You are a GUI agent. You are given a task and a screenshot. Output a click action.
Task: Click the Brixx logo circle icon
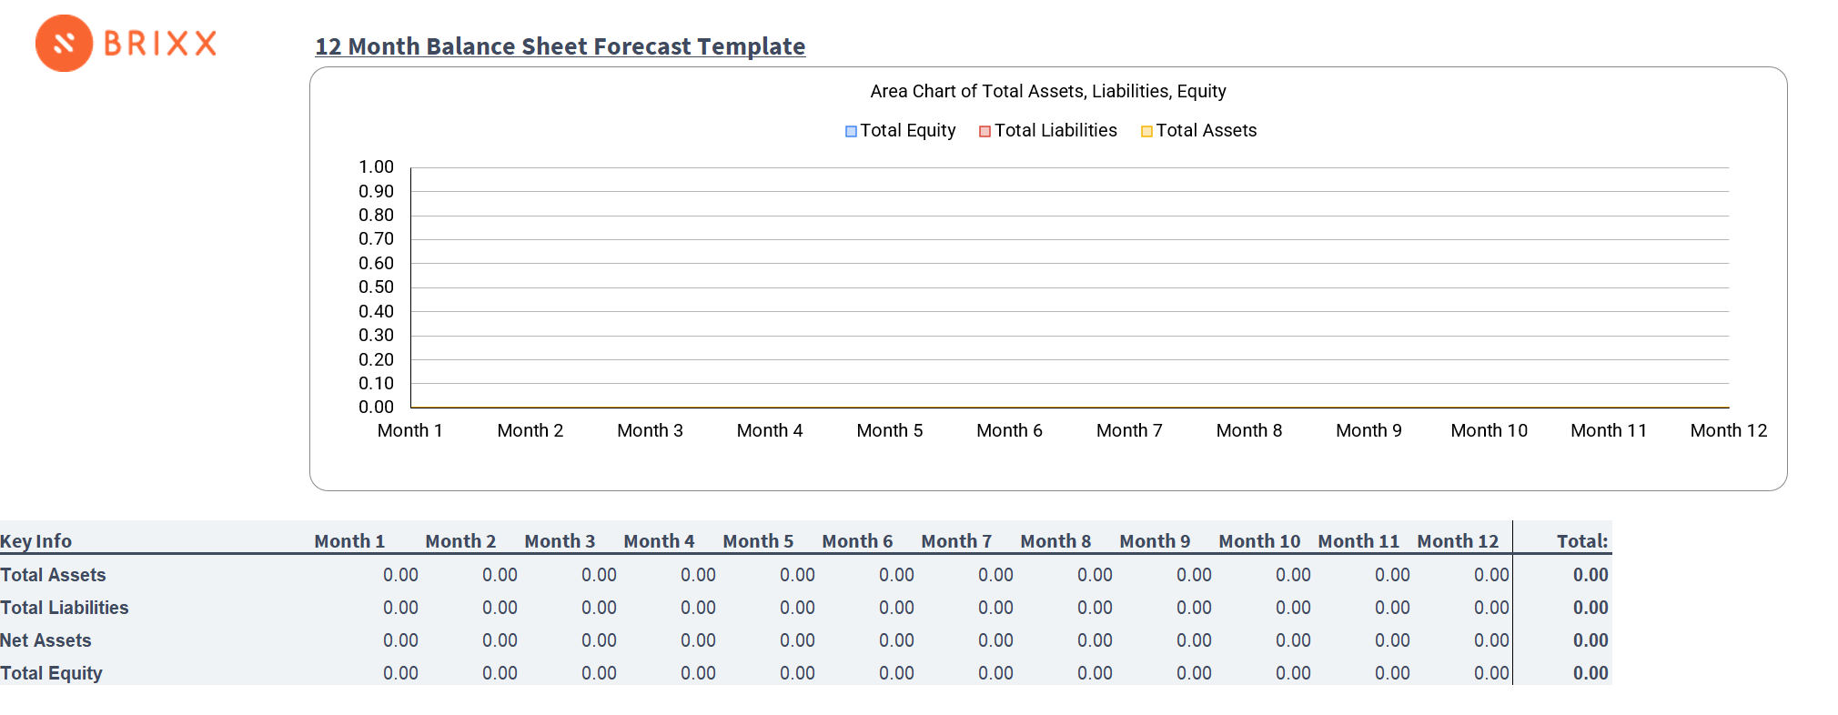coord(64,43)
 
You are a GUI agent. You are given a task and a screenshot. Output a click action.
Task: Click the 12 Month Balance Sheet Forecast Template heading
coord(560,46)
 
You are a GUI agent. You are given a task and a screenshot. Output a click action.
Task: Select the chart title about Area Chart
coord(1047,91)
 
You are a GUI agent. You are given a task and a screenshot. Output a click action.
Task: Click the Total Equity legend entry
coord(900,131)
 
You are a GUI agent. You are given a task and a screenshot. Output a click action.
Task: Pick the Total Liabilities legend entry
coord(1047,131)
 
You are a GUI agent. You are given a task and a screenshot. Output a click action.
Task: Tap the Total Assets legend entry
coord(1198,131)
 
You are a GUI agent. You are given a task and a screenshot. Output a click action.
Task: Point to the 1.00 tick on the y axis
coord(376,167)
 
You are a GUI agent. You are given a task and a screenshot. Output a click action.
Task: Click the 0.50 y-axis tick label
coord(376,287)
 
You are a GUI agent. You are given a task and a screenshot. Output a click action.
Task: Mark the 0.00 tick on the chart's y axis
coord(376,408)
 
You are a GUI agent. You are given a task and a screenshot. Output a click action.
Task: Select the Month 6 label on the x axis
coord(1009,431)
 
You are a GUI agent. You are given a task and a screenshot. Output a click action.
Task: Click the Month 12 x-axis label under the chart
coord(1728,431)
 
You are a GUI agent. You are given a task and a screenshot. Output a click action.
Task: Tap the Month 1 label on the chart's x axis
coord(409,431)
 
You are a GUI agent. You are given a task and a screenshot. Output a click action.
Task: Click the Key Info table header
coord(36,541)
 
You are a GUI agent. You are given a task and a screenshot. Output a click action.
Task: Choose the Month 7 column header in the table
coord(956,541)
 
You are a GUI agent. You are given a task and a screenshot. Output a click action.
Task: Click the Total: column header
coord(1581,541)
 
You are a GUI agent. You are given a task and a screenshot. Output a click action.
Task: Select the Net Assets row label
coord(45,640)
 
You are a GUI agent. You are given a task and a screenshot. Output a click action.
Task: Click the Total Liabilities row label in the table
coord(65,608)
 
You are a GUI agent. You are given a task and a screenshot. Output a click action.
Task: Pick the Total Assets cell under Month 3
coord(599,575)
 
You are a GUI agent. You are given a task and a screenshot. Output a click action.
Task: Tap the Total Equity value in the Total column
coord(1590,673)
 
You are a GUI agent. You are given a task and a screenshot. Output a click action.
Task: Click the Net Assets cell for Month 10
coord(1293,640)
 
